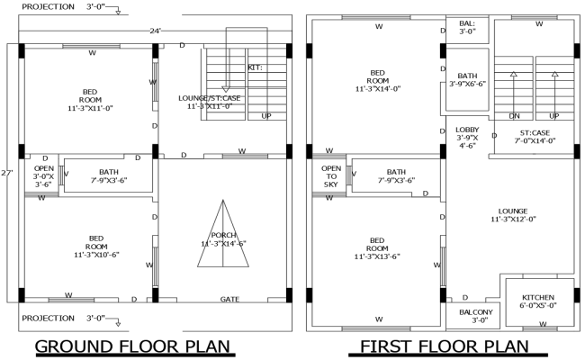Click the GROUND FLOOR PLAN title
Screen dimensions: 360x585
coord(133,346)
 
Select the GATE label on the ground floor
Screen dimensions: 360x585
coord(230,299)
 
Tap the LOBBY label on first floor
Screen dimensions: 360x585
coord(467,136)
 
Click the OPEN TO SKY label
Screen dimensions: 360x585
coord(330,176)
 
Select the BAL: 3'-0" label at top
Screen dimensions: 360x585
coord(466,27)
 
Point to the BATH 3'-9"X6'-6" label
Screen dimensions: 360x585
coord(467,80)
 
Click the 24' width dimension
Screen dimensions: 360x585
coord(155,31)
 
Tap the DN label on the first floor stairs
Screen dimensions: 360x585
coord(515,117)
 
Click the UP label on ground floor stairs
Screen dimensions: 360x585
coord(266,116)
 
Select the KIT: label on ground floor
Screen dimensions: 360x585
coord(256,67)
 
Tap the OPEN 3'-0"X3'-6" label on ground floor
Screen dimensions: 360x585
coord(43,175)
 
